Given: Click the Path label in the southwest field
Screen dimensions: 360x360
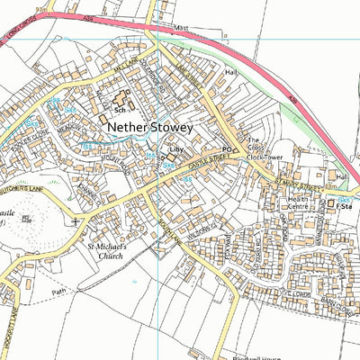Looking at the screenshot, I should [59, 292].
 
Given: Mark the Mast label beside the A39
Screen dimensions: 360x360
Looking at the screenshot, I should [183, 29].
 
